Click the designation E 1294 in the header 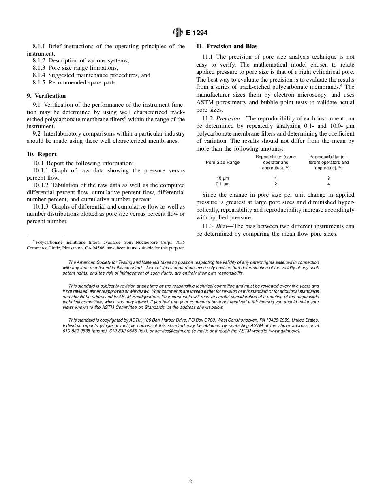[197, 33]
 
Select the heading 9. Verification [46, 96]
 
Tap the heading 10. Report [42, 154]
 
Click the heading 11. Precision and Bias [227, 46]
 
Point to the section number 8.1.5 [39, 82]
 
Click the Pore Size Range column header [222, 162]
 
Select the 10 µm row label [222, 178]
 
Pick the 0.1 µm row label [222, 184]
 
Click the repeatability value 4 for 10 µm [276, 178]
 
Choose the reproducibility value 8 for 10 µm [329, 178]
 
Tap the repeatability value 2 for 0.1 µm [276, 184]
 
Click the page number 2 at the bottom [190, 482]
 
